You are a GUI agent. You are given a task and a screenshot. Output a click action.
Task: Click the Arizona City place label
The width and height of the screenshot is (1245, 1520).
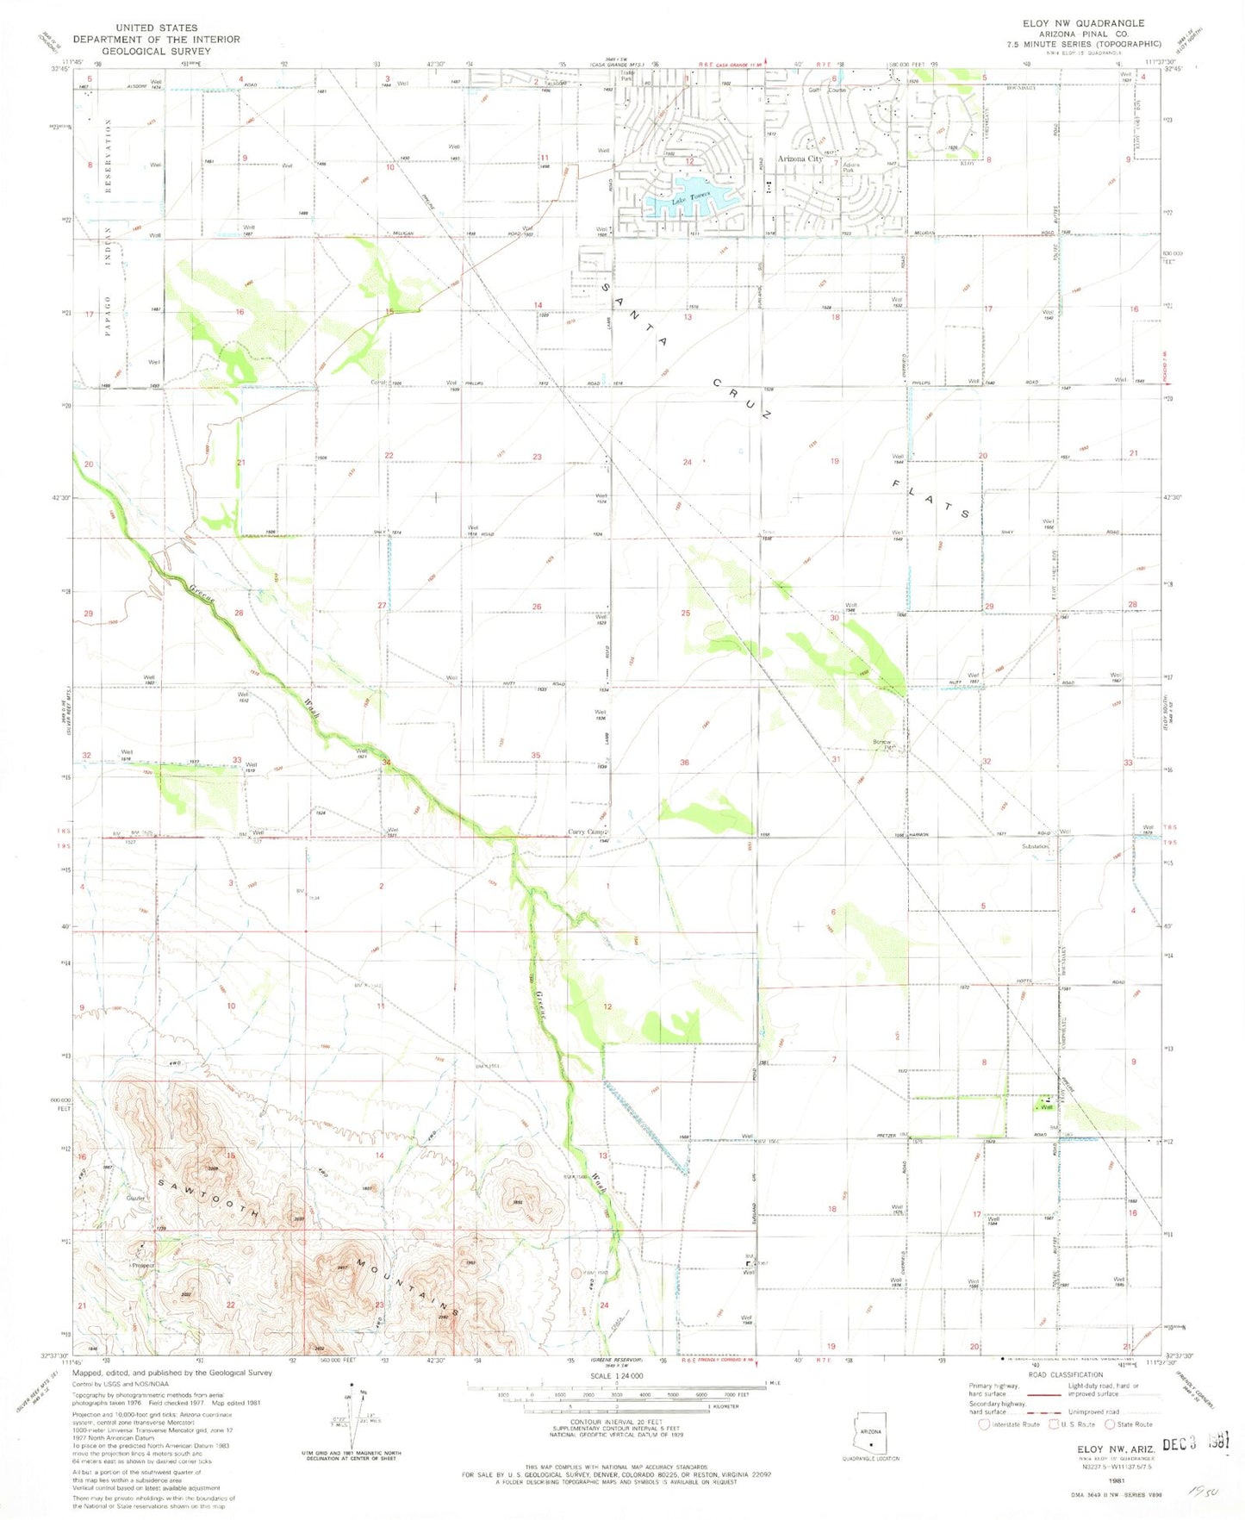pyautogui.click(x=800, y=159)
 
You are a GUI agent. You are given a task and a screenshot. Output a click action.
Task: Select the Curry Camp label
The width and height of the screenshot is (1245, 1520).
pyautogui.click(x=588, y=832)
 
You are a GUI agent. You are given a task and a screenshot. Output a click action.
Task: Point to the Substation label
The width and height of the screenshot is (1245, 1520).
pyautogui.click(x=1035, y=846)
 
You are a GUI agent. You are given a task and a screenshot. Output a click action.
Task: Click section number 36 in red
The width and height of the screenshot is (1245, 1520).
pyautogui.click(x=684, y=762)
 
